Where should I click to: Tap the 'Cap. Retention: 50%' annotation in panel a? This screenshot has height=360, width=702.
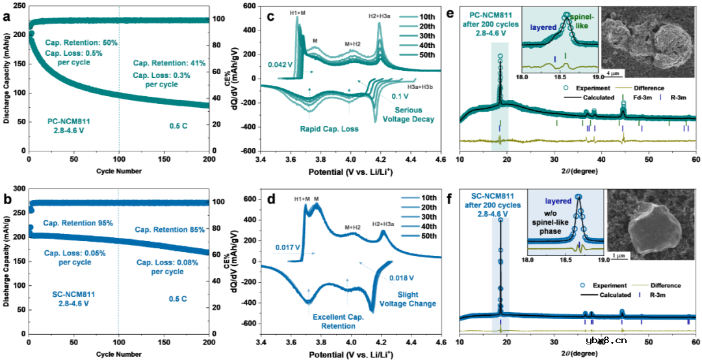coord(82,43)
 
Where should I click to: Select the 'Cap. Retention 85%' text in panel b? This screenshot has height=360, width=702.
coord(169,229)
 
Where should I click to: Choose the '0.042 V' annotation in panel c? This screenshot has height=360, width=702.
coord(280,65)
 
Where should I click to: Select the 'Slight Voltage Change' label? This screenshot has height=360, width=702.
coord(416,300)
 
